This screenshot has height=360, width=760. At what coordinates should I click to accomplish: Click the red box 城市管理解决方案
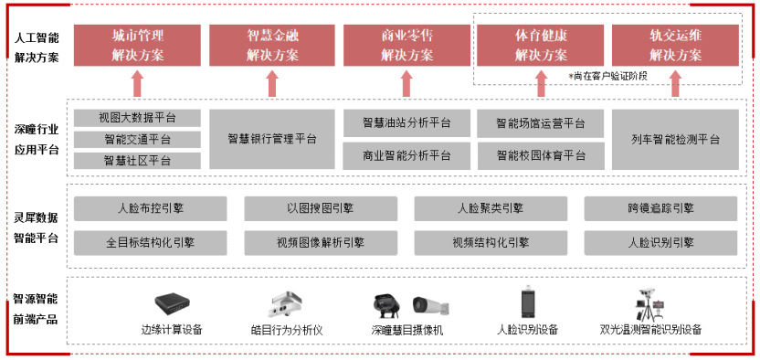click(137, 45)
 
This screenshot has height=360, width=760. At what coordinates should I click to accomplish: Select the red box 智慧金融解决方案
click(271, 45)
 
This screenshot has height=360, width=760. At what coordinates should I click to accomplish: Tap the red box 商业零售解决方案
click(406, 45)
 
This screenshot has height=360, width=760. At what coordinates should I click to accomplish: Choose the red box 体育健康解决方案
click(541, 45)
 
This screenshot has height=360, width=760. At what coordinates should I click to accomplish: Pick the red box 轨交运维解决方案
click(675, 45)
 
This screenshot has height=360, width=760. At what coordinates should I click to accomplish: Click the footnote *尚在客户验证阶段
click(607, 75)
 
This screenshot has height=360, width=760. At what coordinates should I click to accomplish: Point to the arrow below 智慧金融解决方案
click(271, 84)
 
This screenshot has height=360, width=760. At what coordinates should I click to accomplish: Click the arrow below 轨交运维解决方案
click(675, 84)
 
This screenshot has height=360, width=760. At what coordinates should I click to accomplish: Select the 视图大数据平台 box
click(137, 118)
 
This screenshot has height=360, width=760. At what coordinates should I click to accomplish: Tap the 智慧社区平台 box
click(137, 161)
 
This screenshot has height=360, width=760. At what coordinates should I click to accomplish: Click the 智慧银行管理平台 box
click(271, 139)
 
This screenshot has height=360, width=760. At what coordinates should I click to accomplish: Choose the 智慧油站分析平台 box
click(406, 122)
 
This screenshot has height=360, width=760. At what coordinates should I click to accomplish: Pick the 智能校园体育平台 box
click(541, 155)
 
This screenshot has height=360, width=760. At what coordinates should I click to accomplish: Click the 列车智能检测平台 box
click(675, 139)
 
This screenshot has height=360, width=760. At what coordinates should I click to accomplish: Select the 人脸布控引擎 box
click(150, 208)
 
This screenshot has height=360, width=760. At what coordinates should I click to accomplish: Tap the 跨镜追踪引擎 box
click(660, 208)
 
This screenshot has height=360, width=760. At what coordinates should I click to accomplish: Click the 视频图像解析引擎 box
click(320, 243)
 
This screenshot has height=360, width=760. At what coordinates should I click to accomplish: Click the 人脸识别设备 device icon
click(527, 302)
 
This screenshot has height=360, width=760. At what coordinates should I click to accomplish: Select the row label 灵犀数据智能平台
click(37, 226)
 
